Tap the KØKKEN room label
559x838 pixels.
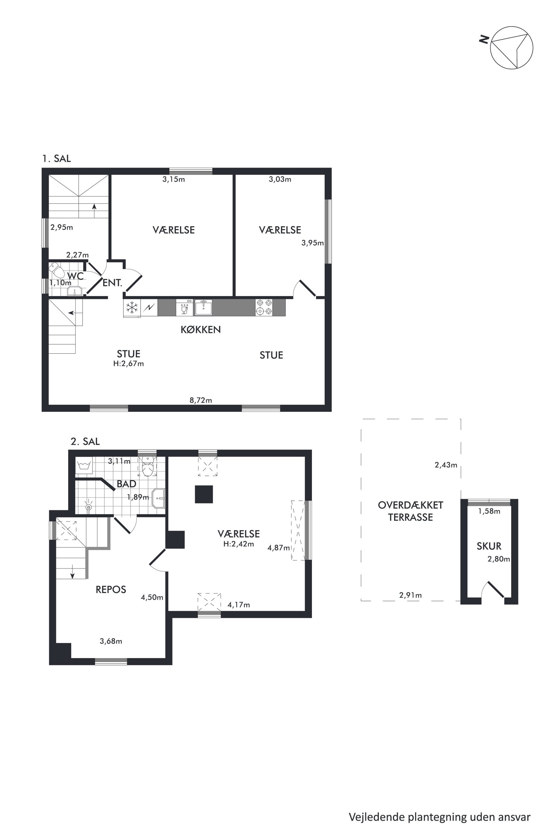point(201,329)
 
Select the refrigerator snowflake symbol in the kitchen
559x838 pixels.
point(132,308)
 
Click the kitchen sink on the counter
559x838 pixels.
point(203,307)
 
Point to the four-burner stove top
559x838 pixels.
point(264,307)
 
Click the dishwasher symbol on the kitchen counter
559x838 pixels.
point(184,307)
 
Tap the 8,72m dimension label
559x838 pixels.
point(201,400)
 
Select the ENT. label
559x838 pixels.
point(112,283)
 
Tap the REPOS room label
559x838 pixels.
point(111,590)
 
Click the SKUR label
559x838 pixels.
point(489,546)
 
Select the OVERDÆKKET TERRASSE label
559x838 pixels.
point(410,511)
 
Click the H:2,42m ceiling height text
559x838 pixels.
point(238,544)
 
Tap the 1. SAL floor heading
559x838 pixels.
point(57,159)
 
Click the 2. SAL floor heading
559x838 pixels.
point(85,442)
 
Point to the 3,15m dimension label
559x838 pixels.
point(174,179)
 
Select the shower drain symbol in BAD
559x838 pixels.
point(89,507)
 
